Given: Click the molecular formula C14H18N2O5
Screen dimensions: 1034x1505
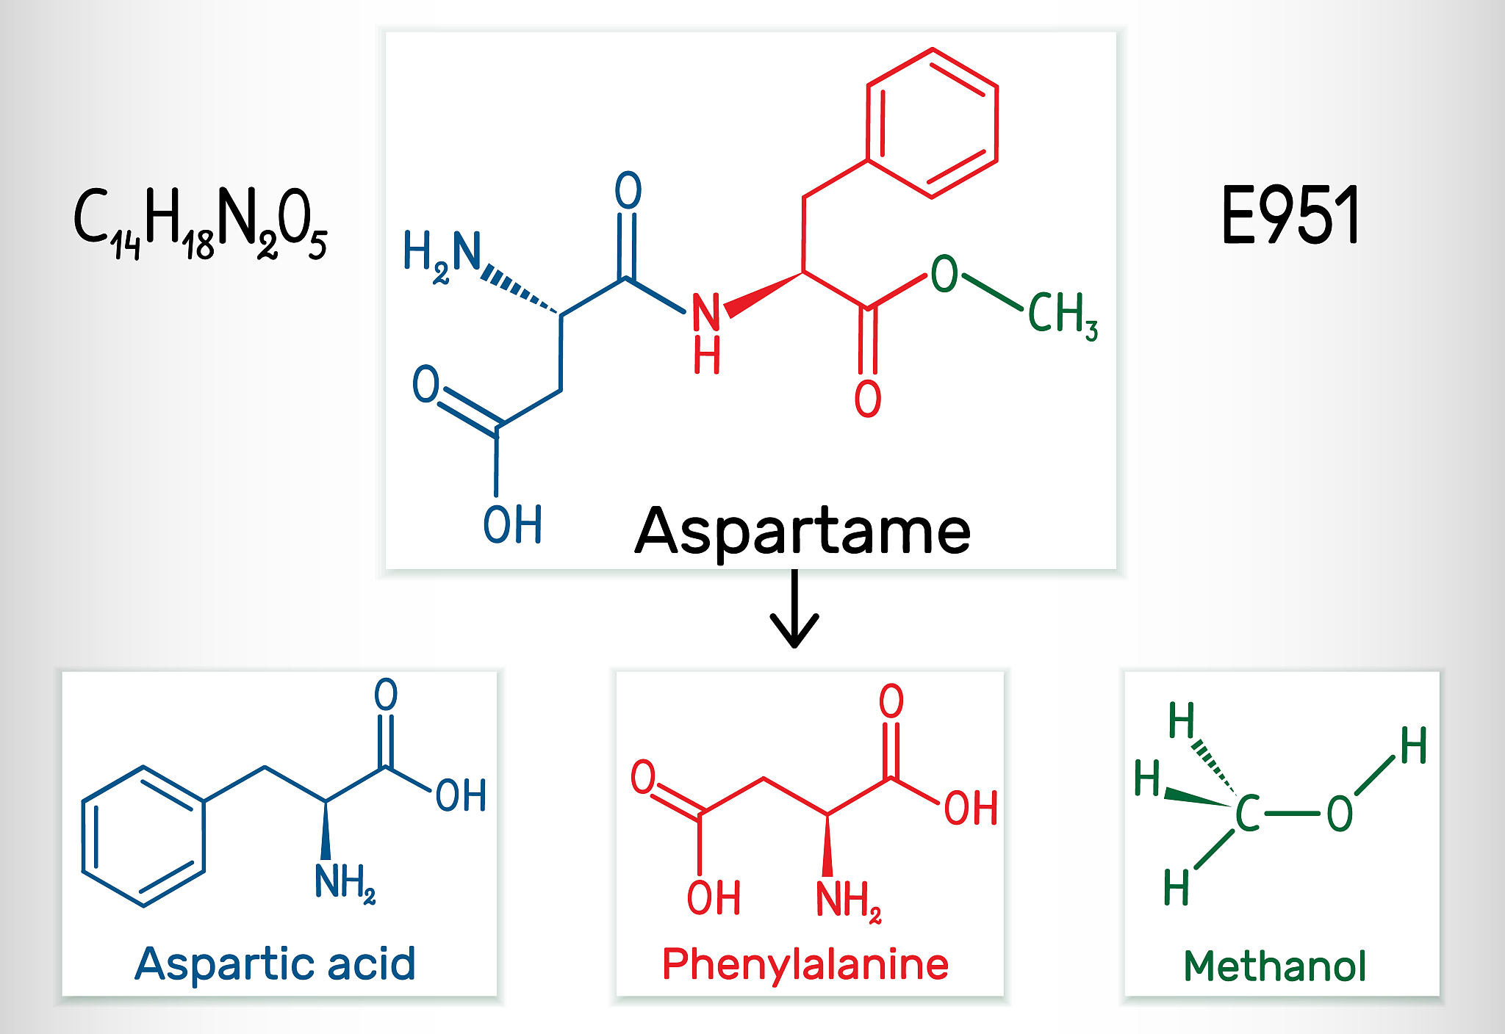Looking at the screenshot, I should tap(200, 222).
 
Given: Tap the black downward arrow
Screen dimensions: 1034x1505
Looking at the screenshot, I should tap(794, 610).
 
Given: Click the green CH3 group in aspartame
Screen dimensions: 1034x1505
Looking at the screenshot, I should tap(1061, 314).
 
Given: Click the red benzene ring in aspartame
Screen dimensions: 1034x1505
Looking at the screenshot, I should tap(932, 123).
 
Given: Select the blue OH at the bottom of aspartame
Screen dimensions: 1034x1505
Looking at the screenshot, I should tap(512, 524).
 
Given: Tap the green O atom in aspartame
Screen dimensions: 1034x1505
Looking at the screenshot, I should tap(944, 274).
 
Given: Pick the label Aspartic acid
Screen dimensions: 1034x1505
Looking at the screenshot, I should tap(276, 963).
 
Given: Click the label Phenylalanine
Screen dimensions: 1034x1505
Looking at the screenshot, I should tap(805, 963).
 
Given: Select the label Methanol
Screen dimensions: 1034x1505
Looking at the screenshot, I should tap(1275, 965).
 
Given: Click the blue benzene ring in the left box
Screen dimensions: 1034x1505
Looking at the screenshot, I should tap(143, 836).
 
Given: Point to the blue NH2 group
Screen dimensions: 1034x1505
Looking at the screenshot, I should tap(345, 882).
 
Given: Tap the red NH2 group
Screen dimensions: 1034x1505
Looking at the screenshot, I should tap(848, 900).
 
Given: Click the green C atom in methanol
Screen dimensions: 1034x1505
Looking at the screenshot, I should tap(1247, 814).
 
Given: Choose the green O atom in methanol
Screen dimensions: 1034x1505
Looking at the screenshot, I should tap(1340, 814).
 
